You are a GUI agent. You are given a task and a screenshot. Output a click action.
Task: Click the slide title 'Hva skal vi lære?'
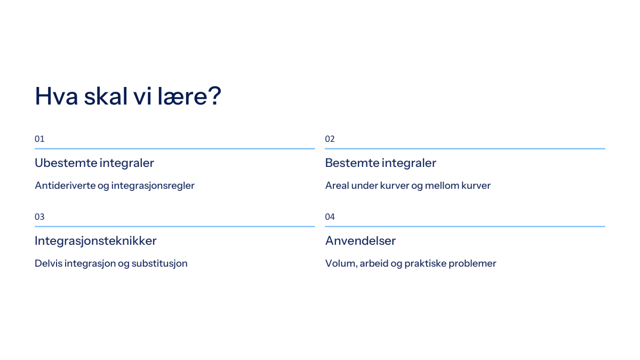tap(127, 96)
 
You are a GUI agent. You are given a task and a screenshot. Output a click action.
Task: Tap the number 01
tap(39, 139)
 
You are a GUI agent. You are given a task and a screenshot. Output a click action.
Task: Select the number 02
tap(330, 139)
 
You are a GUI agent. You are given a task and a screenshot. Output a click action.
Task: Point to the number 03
tap(39, 217)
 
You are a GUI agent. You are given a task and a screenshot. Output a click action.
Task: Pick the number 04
tap(330, 217)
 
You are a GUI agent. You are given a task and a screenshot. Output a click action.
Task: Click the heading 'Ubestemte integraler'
tap(94, 163)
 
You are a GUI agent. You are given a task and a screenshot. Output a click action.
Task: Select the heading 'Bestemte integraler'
tap(381, 163)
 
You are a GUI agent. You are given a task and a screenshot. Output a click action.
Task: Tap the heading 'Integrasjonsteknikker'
tap(95, 241)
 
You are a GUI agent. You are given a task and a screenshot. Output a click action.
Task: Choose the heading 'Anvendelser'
tap(361, 241)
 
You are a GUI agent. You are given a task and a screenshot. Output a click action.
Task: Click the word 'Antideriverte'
tap(65, 186)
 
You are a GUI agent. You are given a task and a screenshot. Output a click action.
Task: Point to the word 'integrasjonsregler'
tap(153, 186)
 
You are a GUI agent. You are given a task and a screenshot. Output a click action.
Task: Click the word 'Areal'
tap(337, 186)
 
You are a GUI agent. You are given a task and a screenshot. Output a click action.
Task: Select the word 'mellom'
tap(442, 186)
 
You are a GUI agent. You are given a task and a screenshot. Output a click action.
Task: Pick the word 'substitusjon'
tap(159, 263)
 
